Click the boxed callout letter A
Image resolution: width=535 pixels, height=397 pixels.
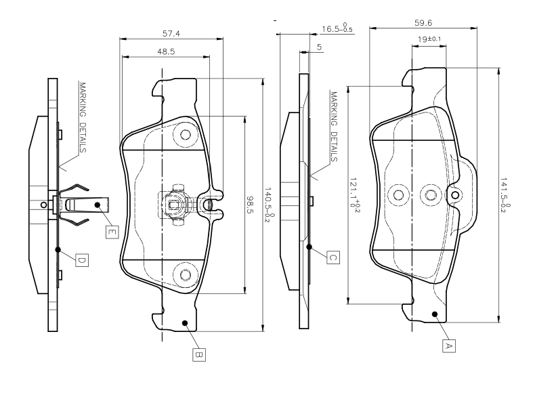[447, 346]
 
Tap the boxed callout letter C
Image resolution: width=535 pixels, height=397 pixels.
[333, 257]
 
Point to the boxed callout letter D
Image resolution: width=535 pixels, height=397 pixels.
[81, 259]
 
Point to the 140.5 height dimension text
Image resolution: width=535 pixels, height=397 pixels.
[268, 204]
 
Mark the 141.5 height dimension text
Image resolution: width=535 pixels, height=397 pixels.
[503, 196]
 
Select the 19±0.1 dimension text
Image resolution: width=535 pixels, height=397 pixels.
[429, 39]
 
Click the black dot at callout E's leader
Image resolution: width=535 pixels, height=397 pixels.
[98, 205]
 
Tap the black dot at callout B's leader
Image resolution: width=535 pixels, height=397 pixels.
[183, 323]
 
